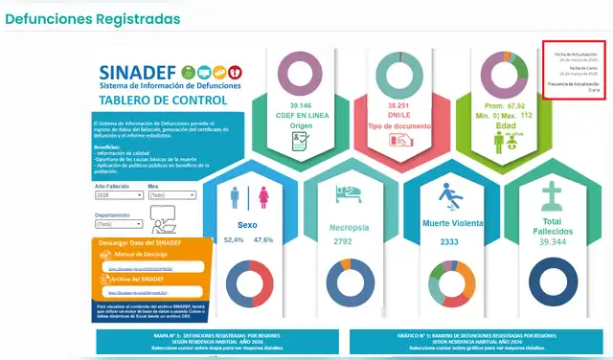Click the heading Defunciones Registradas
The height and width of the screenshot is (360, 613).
pos(92,18)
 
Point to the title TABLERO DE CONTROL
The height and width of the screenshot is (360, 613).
pos(163,100)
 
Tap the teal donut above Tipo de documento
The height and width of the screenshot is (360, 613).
pos(405,73)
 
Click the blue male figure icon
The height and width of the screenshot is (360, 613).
pos(236,198)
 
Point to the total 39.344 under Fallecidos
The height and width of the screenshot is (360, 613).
pos(551,243)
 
